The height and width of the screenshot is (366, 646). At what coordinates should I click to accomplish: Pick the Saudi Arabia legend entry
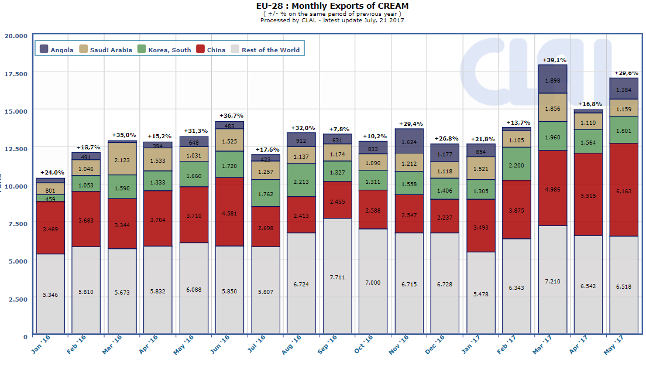(106, 50)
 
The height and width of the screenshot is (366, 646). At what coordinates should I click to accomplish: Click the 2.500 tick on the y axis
(18, 299)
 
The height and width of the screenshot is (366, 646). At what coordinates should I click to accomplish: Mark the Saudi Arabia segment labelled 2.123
(122, 159)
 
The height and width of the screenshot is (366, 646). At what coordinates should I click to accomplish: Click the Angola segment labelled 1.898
(553, 80)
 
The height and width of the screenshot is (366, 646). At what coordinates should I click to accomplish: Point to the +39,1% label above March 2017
(553, 60)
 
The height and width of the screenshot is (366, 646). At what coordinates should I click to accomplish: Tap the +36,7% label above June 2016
(230, 116)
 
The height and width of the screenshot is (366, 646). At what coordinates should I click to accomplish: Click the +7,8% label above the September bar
(338, 128)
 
